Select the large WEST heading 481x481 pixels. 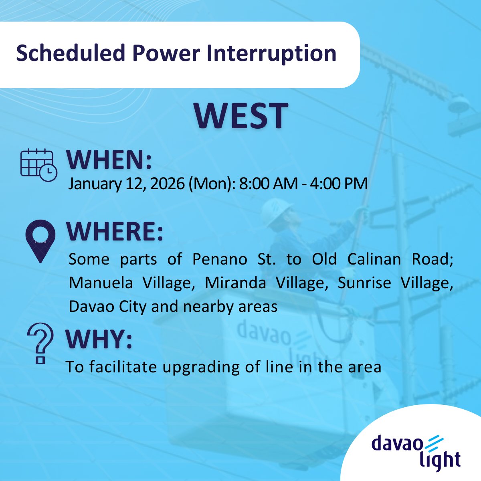point(241,116)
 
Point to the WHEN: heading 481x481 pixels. point(109,160)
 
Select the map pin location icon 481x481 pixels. point(40,241)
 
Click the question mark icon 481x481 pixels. point(40,343)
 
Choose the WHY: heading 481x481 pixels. point(99,340)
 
